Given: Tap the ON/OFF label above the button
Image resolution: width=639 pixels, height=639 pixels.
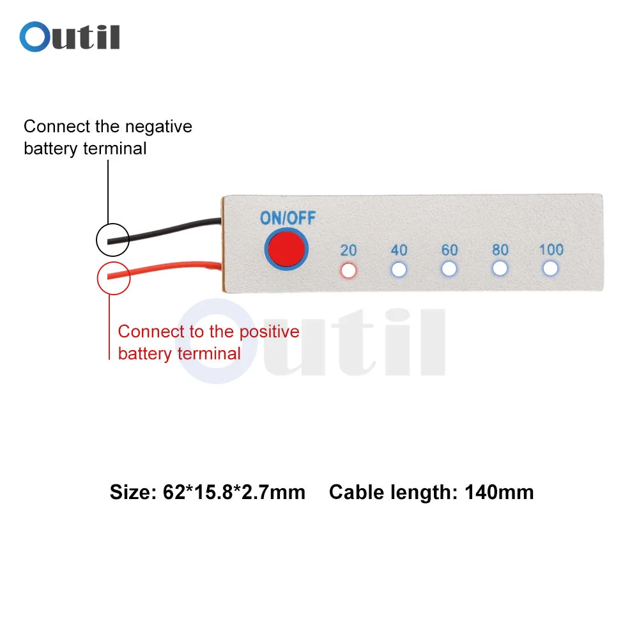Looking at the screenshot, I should coord(288,218).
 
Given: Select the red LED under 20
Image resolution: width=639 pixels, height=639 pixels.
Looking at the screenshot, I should coord(348,270).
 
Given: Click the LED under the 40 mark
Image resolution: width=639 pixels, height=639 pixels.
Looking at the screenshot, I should coord(399,270).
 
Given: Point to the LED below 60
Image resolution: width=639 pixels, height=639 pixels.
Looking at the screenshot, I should coord(450,269).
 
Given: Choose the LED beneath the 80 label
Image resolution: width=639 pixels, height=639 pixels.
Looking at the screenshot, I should coord(500,268).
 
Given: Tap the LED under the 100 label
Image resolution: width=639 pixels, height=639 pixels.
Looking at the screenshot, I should coord(550,268).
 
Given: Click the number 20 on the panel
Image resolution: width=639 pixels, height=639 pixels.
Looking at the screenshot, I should coord(348,250).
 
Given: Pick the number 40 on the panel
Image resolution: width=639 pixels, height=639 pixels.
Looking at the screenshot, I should coord(399,250).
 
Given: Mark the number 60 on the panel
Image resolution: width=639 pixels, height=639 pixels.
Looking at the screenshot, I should coord(450,249).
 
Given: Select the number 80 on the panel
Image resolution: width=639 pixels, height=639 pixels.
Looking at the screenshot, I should coord(500,249).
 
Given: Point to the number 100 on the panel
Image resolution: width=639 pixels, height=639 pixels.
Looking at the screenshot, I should coord(551,249).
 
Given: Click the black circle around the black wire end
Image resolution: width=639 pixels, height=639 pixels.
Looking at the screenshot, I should coord(112,240).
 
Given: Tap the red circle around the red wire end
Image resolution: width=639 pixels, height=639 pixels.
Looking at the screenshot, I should coord(113,277).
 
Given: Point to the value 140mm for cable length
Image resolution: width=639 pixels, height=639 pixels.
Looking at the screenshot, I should coord(499,492).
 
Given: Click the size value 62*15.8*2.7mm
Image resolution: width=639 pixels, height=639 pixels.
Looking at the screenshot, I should coord(230,492).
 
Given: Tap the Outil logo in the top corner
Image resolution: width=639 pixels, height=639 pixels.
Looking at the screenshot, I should coord(70,37).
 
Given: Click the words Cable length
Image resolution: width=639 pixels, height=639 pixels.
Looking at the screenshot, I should coord(393,492).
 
